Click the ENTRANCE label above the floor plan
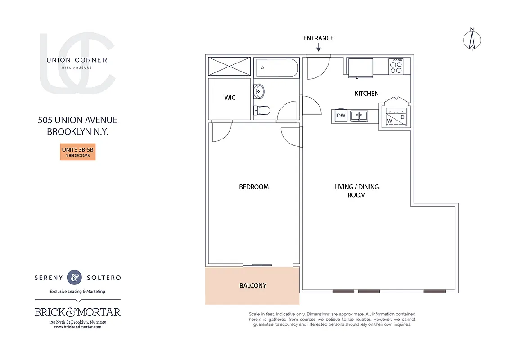pos(318,38)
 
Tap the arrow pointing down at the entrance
pos(318,47)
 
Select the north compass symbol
pos(472,40)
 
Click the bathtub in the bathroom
pos(276,68)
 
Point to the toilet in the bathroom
pos(262,110)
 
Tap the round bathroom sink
pos(259,91)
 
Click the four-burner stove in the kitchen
pos(396,67)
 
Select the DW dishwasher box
pos(341,116)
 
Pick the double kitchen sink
pos(359,116)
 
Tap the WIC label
pos(230,98)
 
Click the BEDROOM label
pos(254,187)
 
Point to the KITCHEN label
pos(367,94)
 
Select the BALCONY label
pos(252,285)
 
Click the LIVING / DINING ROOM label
pos(356,191)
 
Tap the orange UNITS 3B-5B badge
pos(78,152)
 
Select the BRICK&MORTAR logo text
pos(77,312)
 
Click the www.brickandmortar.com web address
pos(77,327)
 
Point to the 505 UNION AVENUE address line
pos(77,120)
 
